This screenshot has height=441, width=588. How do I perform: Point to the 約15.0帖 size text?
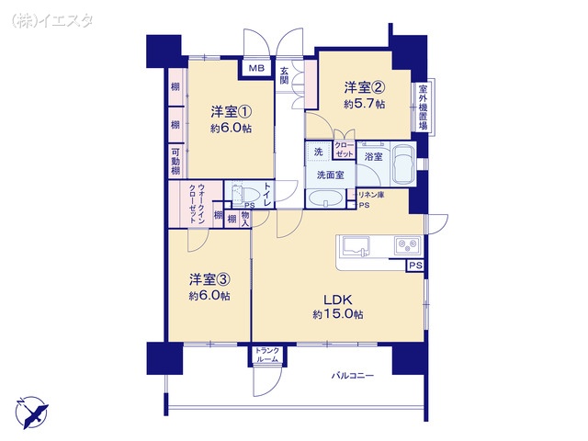(337, 315)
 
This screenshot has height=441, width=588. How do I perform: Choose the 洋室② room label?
(365, 88)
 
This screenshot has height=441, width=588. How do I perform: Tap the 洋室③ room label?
(209, 278)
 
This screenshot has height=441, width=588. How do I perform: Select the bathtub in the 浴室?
(402, 166)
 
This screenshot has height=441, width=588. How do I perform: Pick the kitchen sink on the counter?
(357, 246)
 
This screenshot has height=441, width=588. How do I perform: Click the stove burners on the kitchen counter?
(406, 245)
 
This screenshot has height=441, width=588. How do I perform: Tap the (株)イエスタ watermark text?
(51, 19)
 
